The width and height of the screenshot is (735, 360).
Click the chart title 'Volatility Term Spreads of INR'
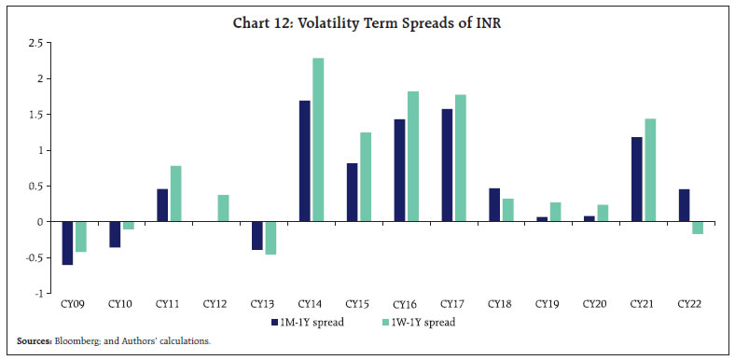pos(367,23)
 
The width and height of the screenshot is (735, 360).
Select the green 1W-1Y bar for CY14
pos(318,140)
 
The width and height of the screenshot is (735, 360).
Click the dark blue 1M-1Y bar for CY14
pos(305,161)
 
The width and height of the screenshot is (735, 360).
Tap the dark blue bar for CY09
pos(67,243)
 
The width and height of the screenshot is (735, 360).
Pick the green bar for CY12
pos(223,208)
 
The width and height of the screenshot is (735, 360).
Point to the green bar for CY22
pos(699,228)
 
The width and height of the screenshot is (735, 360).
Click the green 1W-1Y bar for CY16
pos(413,157)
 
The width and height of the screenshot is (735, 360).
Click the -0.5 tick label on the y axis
pos(35,257)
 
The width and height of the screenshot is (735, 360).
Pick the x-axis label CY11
pos(168,303)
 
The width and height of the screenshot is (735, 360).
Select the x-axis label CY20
pos(595,303)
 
